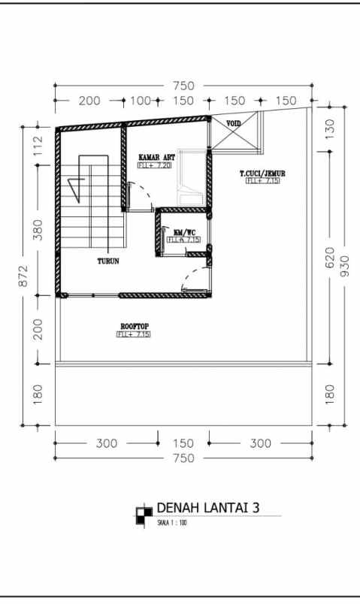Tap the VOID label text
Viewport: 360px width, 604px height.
234,123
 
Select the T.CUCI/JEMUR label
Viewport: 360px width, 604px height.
262,174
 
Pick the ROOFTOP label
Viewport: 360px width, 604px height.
133,326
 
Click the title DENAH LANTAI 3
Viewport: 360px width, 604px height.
207,508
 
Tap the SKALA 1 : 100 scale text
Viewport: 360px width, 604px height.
172,523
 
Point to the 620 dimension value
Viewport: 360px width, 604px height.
329,259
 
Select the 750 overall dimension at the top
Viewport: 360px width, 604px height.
181,86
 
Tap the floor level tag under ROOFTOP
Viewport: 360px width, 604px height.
133,334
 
